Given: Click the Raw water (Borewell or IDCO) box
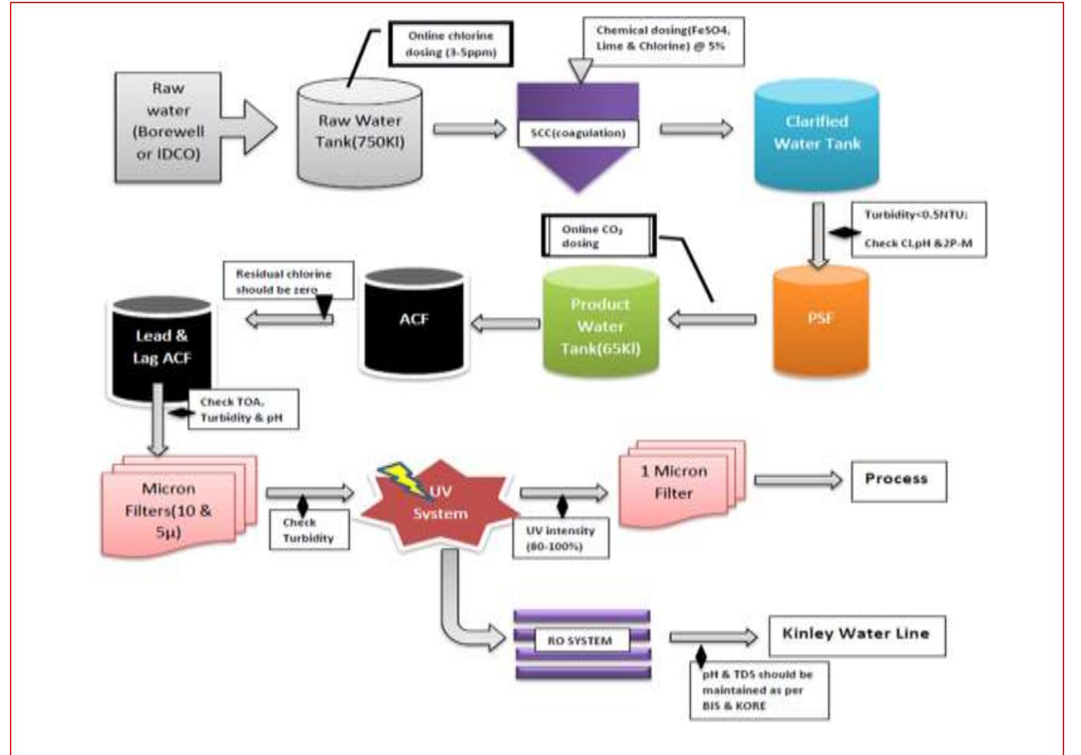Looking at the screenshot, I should [x=168, y=128].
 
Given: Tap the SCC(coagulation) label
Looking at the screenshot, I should [x=578, y=133].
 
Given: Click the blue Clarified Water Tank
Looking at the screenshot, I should [x=816, y=134].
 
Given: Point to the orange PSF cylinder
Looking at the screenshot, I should [x=820, y=320].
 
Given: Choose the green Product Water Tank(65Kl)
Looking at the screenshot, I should [x=600, y=323].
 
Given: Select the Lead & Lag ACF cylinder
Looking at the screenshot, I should [x=161, y=349].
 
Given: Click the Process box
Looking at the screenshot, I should [x=898, y=481].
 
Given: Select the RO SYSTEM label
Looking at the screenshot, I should [x=579, y=641].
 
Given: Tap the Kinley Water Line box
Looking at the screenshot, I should [x=856, y=635].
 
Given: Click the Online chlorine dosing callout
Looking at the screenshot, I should [x=450, y=44].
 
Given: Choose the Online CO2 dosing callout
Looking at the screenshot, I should [x=598, y=236].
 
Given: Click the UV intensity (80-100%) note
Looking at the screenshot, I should [x=560, y=538].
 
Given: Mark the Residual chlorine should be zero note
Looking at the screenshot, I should [x=288, y=281].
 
